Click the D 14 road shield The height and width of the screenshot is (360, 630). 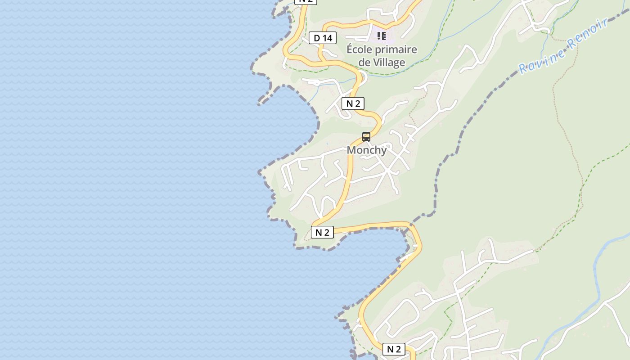[323, 38]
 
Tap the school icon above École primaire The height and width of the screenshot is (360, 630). [382, 36]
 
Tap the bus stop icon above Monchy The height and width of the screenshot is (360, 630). [366, 136]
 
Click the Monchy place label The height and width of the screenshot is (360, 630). [366, 150]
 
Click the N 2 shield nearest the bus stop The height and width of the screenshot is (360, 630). [353, 103]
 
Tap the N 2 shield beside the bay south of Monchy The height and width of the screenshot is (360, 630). [322, 232]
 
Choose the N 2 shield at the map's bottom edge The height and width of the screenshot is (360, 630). [394, 349]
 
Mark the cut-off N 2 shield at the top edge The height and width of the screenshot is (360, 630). [306, 1]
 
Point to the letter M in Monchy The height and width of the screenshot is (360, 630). [351, 150]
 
